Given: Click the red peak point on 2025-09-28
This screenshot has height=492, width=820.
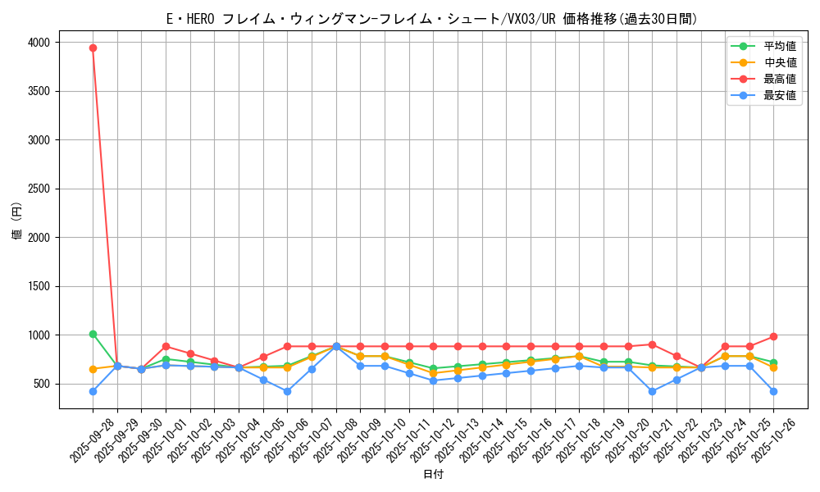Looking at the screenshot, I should tap(93, 48).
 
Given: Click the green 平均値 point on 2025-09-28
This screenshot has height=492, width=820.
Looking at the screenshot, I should tap(93, 334).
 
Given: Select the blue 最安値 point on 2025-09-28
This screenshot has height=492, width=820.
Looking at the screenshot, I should tap(93, 391).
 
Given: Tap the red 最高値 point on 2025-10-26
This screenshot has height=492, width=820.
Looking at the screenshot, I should tap(773, 336).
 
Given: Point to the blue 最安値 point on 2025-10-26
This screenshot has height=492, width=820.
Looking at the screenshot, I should tap(773, 391).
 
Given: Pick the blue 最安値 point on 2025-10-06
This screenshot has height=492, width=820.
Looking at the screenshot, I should tap(287, 391).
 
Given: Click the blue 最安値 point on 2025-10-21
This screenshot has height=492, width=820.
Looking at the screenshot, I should tap(652, 391).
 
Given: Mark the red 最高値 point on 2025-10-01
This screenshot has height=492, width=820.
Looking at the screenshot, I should tap(166, 346).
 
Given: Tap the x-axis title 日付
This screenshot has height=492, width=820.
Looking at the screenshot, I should tap(433, 475).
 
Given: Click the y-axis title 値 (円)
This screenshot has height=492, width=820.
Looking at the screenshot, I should tap(16, 221).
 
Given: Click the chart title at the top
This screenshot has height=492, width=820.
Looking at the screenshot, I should tap(432, 19).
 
